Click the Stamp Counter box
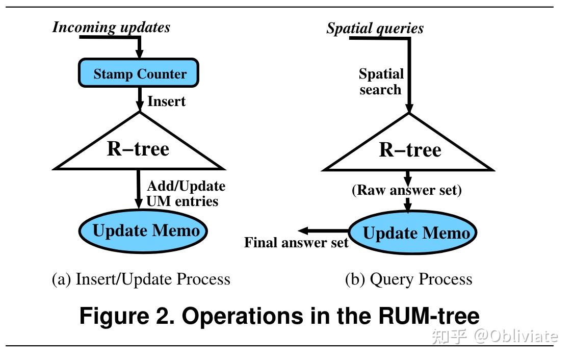point(138,73)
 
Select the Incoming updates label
point(111,27)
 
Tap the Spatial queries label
point(375,28)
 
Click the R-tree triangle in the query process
point(409,150)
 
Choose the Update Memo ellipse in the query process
point(413,233)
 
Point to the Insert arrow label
point(166,101)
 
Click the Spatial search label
point(381,82)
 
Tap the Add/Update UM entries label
point(185,193)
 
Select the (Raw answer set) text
point(406,190)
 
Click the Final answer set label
point(296,242)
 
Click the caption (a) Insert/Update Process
point(141,279)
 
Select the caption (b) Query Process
point(408,279)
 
